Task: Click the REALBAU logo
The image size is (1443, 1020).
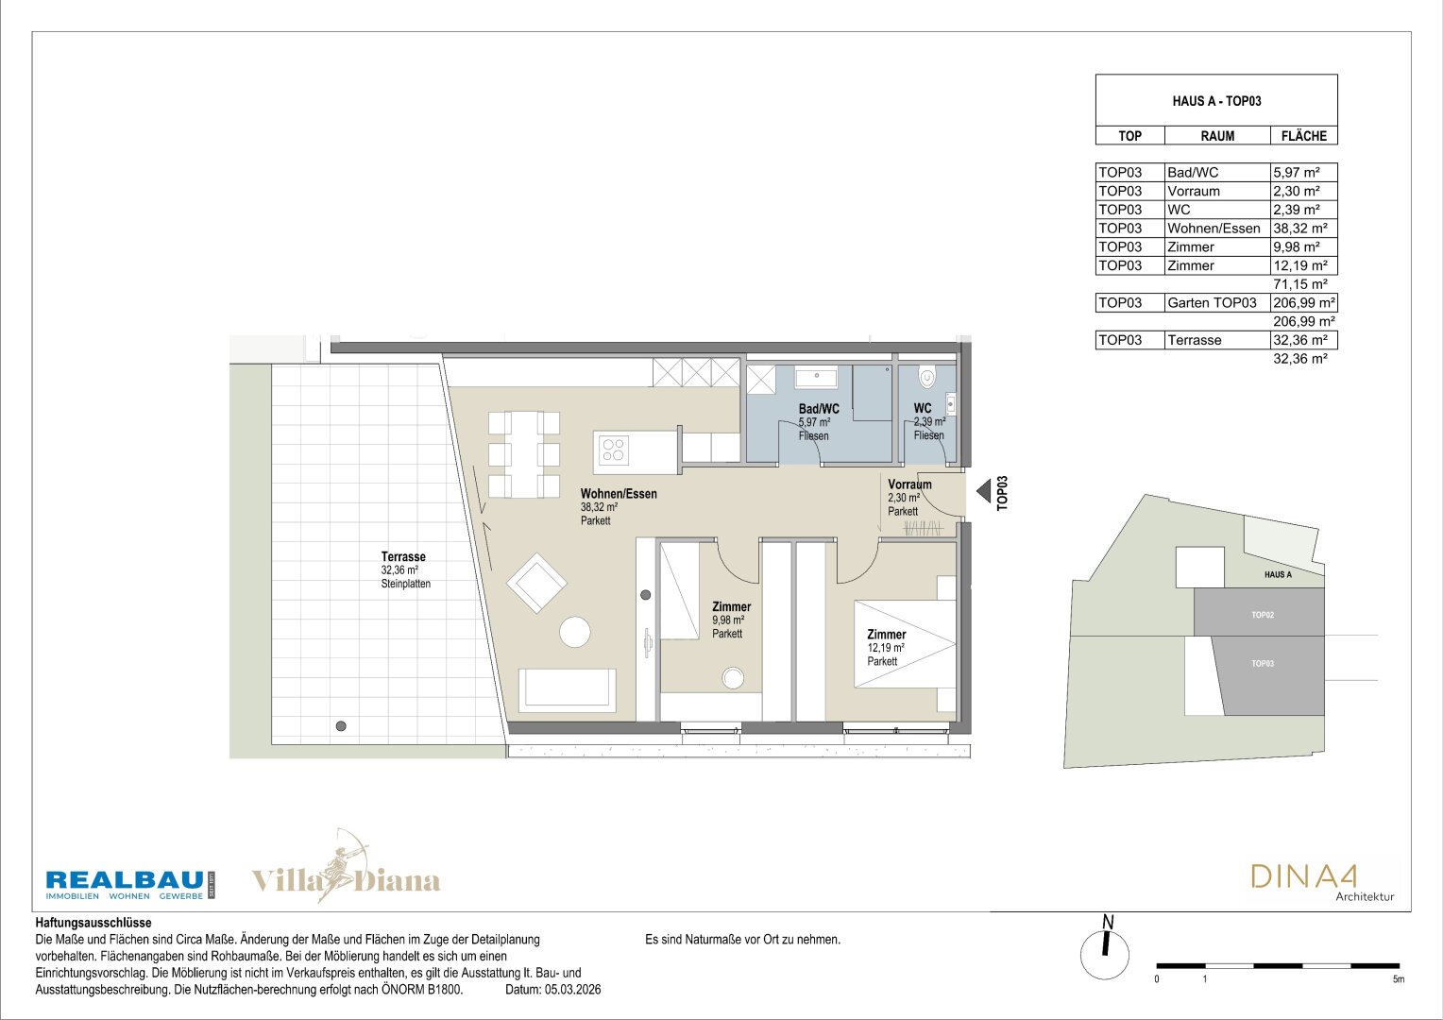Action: coord(130,885)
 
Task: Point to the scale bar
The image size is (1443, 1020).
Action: coord(1278,966)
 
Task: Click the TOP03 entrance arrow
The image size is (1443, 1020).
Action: coord(983,492)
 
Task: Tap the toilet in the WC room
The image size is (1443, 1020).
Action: coord(927,377)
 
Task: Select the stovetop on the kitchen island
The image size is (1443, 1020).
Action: coord(613,450)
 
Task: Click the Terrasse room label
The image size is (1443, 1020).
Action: coord(403,556)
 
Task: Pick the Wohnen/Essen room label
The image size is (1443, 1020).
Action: coord(619,494)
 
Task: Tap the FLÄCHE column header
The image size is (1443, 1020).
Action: coord(1304,136)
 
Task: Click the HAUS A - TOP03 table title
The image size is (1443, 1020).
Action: coord(1216,101)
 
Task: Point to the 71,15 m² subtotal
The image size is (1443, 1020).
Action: coord(1300,284)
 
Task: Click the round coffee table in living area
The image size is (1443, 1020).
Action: coord(574,632)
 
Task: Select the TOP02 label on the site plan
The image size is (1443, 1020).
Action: coord(1263,616)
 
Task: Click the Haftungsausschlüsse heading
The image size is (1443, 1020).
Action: coord(93,924)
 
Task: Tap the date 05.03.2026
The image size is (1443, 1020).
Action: coord(572,990)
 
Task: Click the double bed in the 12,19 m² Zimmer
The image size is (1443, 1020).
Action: coord(905,644)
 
